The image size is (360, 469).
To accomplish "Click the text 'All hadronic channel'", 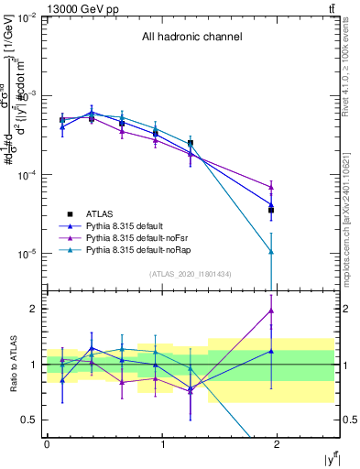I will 191,38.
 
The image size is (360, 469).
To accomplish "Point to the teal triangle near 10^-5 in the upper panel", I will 271,251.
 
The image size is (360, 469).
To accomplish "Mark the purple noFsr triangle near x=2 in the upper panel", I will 271,187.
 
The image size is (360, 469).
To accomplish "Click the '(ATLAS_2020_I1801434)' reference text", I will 191,274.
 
